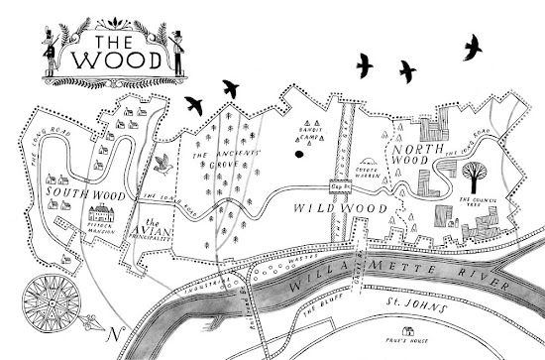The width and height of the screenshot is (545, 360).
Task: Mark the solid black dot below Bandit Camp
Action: (x=295, y=154)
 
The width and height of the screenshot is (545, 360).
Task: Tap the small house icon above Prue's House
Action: (x=404, y=332)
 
